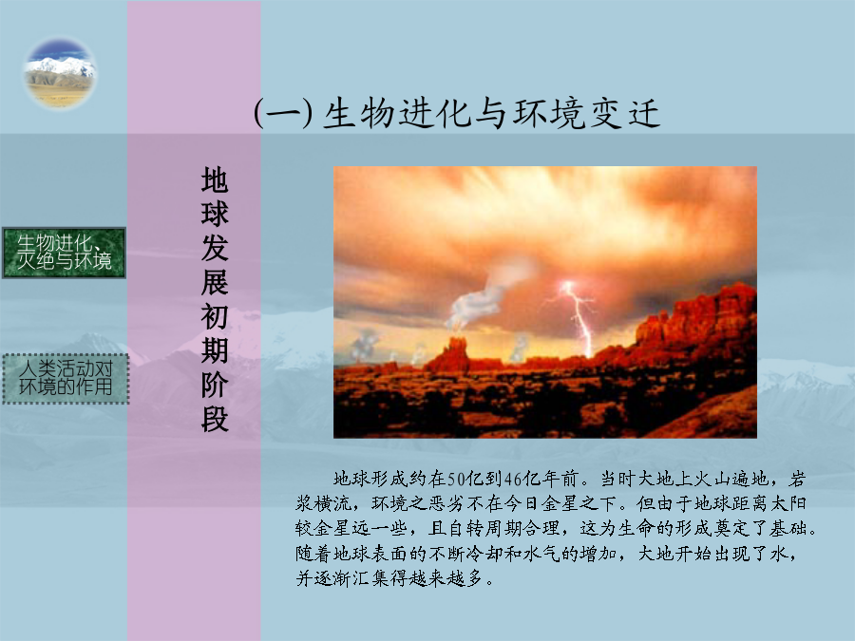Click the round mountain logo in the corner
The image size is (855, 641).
(60, 72)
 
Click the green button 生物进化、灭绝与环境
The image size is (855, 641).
(65, 253)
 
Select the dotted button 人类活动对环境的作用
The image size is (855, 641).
(66, 378)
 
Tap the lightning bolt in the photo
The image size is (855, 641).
(576, 316)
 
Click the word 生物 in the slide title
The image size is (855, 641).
(359, 114)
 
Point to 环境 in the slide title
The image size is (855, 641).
(548, 114)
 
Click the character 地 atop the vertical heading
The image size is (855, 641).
(215, 179)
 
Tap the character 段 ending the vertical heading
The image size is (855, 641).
(215, 419)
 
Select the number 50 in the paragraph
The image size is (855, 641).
(456, 480)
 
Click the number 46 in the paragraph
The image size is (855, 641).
(514, 480)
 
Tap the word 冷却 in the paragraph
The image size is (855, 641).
(484, 553)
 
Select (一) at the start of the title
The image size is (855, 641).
(283, 114)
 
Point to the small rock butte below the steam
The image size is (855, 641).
(453, 354)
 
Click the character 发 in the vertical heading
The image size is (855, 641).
(215, 248)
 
